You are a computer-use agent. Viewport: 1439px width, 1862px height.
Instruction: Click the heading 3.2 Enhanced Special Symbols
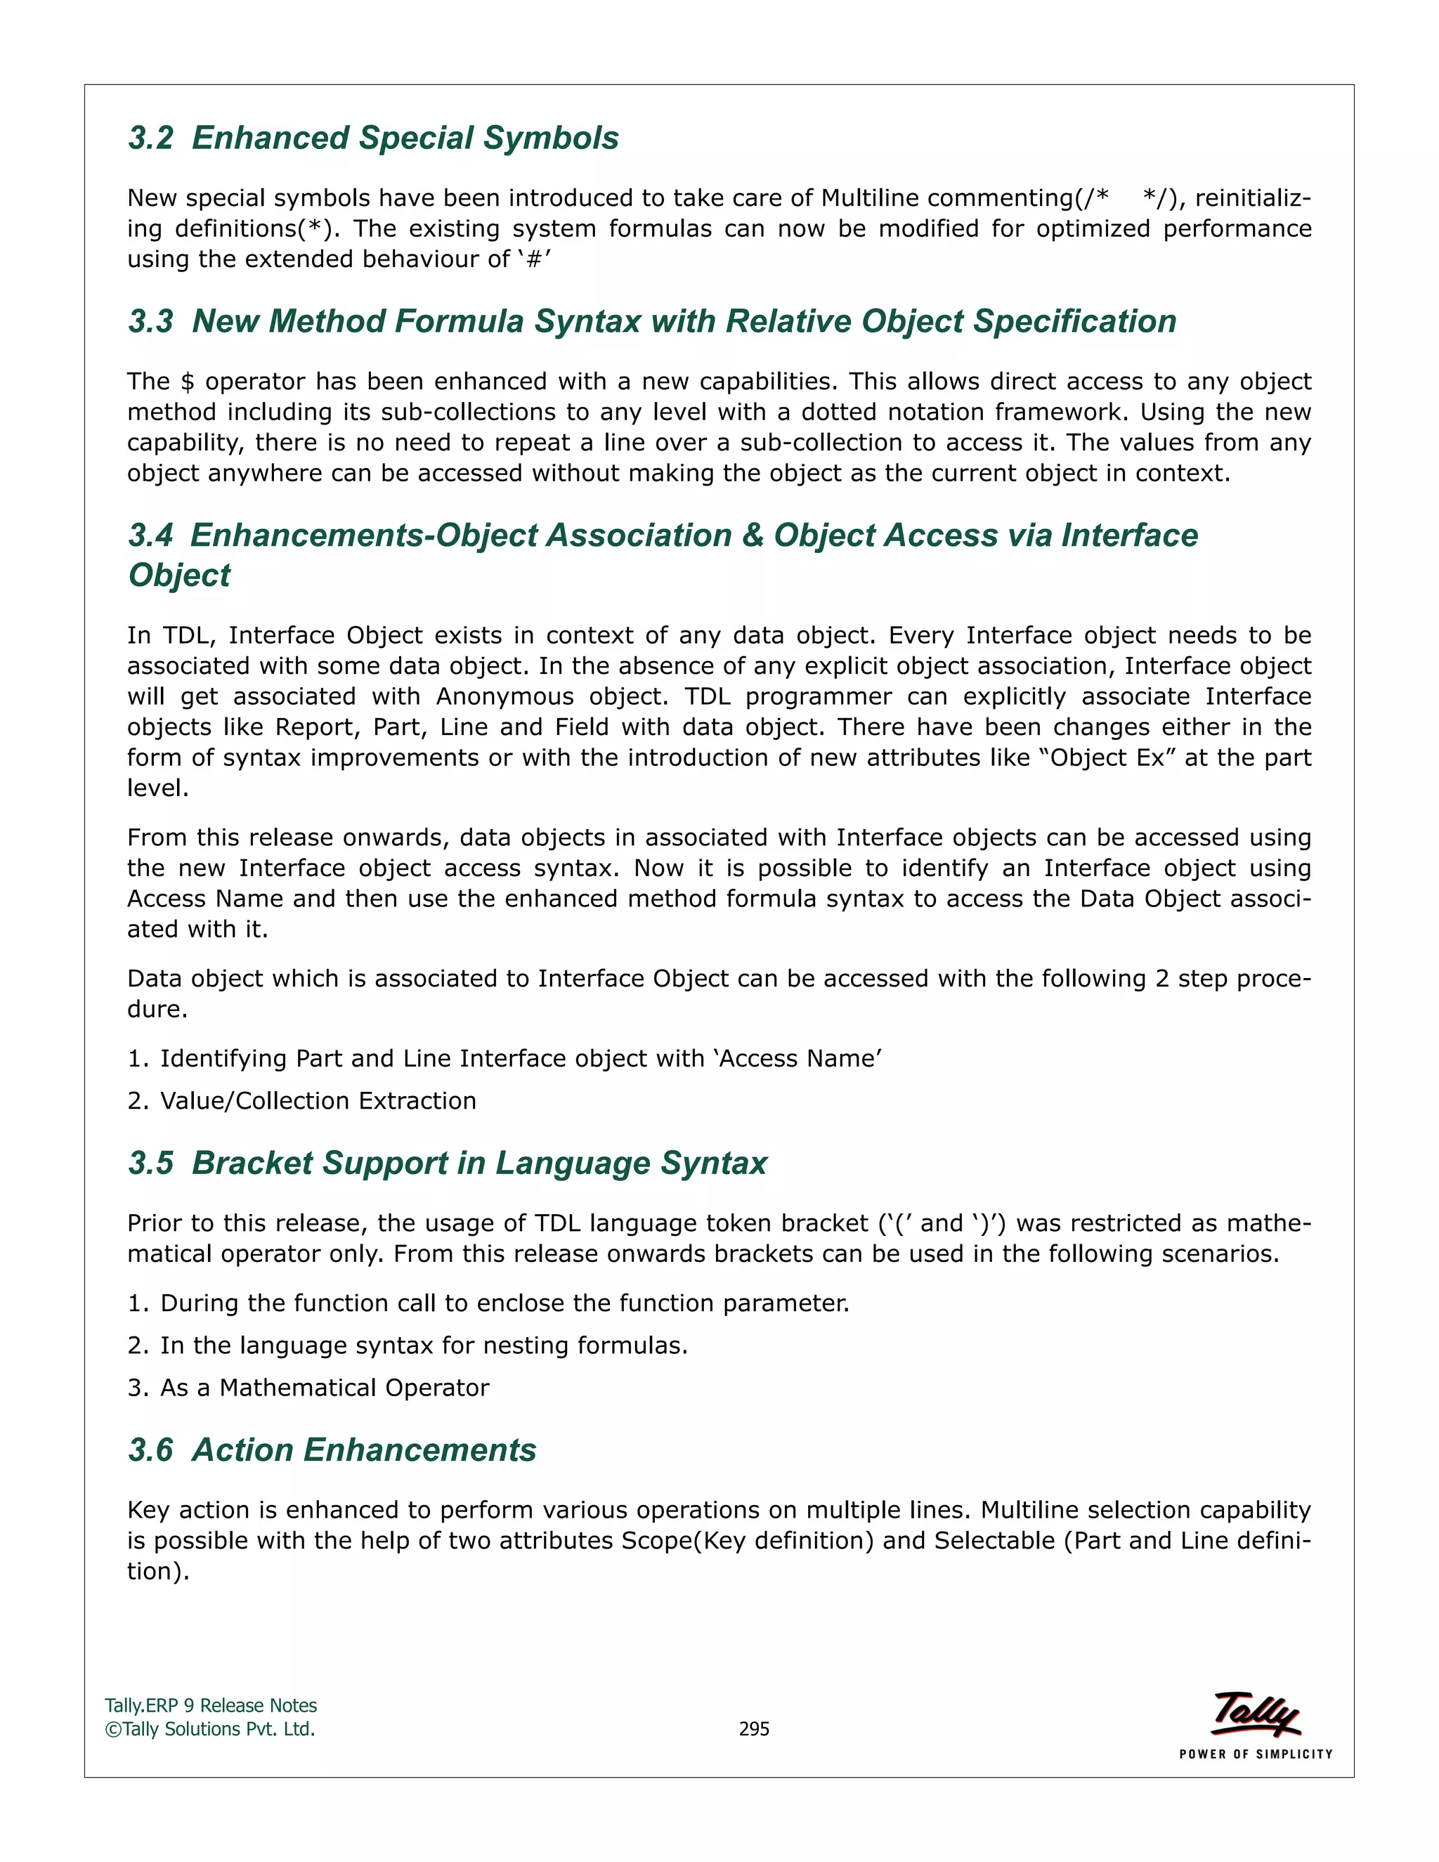[373, 138]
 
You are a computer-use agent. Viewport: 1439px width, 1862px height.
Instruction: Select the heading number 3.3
[151, 321]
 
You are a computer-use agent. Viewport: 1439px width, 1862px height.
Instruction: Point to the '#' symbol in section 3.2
[535, 259]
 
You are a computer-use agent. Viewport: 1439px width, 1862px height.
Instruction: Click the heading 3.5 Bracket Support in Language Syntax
[448, 1163]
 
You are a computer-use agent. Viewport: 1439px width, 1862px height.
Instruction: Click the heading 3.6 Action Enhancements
[332, 1450]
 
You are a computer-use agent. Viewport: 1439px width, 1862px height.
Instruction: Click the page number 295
[754, 1728]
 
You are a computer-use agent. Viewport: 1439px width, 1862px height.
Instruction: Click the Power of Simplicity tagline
[1255, 1754]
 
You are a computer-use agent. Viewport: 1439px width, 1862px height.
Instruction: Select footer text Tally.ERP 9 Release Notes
[211, 1705]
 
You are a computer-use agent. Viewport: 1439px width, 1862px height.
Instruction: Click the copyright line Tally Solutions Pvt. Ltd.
[211, 1728]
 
